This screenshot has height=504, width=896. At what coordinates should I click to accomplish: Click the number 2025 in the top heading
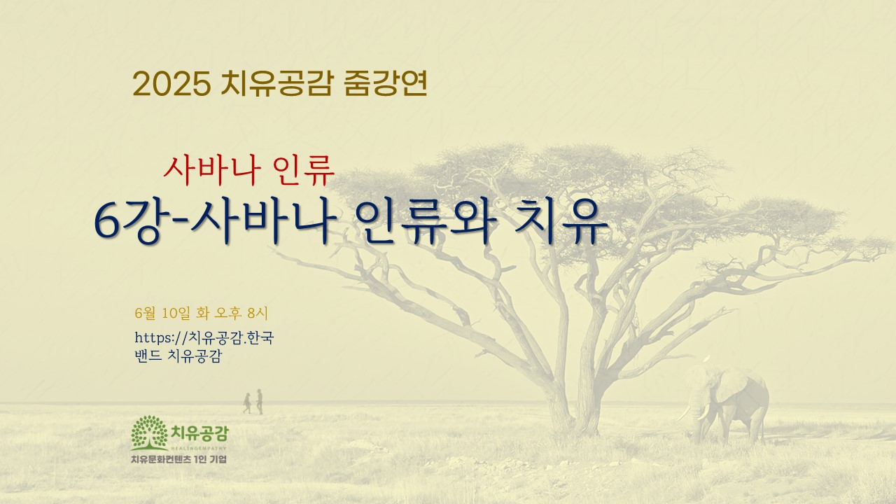tap(171, 84)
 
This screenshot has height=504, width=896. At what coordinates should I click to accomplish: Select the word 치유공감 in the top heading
tap(276, 83)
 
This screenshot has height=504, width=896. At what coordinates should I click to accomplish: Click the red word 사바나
tap(209, 171)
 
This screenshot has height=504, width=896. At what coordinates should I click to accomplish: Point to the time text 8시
tap(258, 313)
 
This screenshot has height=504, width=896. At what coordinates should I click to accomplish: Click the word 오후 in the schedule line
tap(228, 313)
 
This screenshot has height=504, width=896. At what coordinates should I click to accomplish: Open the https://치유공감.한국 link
tap(204, 337)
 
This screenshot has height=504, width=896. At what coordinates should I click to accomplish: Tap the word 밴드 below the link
tap(148, 356)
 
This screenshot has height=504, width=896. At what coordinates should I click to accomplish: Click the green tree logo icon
tap(149, 433)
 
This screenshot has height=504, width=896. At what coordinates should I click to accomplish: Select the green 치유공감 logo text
tap(199, 433)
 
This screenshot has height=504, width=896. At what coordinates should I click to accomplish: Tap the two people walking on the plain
tap(253, 402)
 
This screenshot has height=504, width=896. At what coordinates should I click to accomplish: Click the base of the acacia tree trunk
tap(574, 426)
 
